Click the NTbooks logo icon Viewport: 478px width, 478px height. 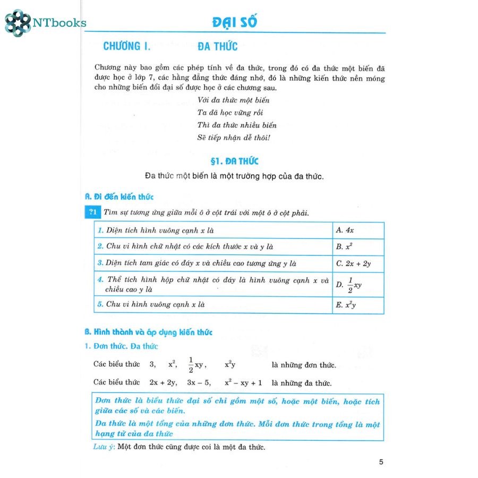point(18,23)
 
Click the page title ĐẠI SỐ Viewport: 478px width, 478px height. point(234,23)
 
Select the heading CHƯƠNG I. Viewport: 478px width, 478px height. point(127,47)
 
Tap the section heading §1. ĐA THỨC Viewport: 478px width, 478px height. point(234,161)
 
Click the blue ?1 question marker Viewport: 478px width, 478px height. point(92,212)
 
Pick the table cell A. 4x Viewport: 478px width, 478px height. point(358,231)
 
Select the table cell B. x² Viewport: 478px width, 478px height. point(358,247)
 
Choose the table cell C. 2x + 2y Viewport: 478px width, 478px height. point(358,263)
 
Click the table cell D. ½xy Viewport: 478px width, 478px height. point(358,285)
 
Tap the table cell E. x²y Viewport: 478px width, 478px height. point(358,305)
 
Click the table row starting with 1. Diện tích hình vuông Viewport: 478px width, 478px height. point(212,231)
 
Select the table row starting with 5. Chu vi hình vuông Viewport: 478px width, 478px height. point(212,305)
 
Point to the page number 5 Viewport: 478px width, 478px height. point(381,462)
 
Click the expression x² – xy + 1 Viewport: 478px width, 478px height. point(243,382)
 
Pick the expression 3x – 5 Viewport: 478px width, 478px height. point(199,382)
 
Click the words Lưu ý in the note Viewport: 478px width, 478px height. point(103,447)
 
